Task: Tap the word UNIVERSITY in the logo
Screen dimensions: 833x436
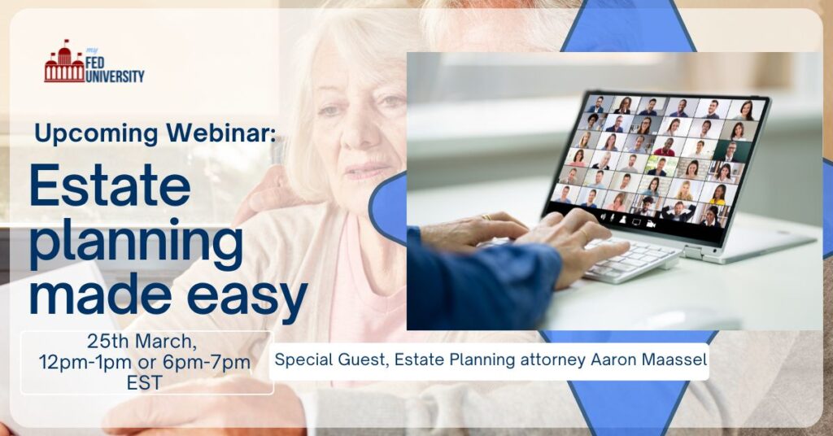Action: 115,76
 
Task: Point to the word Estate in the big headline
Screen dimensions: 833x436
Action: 111,185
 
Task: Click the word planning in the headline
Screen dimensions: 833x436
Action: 137,241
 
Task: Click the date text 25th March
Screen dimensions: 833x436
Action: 142,342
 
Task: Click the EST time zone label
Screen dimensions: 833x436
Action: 144,383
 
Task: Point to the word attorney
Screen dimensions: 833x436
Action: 553,360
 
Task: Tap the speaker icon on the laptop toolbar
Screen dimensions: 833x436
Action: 604,217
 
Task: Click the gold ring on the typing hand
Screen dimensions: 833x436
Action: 485,216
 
